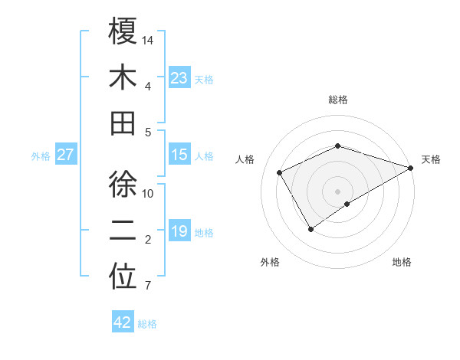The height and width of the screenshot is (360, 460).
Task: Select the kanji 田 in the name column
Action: coord(123,123)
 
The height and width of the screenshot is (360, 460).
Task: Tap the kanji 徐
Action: coord(123,185)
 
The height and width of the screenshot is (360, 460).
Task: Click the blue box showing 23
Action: coord(179,77)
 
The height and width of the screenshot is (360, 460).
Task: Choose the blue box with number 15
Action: coord(179,155)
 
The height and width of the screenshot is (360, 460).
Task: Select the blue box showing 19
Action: coord(179,231)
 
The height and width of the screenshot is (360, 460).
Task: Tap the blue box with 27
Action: coord(66,155)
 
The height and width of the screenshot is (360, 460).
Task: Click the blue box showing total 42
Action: coord(123,322)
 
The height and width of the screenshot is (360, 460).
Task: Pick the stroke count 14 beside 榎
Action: coord(149,39)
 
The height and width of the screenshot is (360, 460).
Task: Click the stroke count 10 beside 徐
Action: coord(149,193)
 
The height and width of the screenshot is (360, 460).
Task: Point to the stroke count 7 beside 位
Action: coord(147,286)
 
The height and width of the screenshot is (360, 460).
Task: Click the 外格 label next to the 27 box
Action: coord(41,155)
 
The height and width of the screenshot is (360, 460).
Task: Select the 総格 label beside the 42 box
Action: coord(147,323)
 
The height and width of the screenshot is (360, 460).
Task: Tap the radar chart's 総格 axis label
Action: coord(338,100)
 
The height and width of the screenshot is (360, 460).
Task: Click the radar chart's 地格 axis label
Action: coord(402,262)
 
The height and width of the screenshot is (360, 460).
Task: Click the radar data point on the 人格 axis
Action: coord(280,172)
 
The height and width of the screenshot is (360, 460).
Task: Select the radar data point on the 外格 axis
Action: coord(311,229)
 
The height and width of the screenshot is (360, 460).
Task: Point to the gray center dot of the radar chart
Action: coord(338,191)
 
